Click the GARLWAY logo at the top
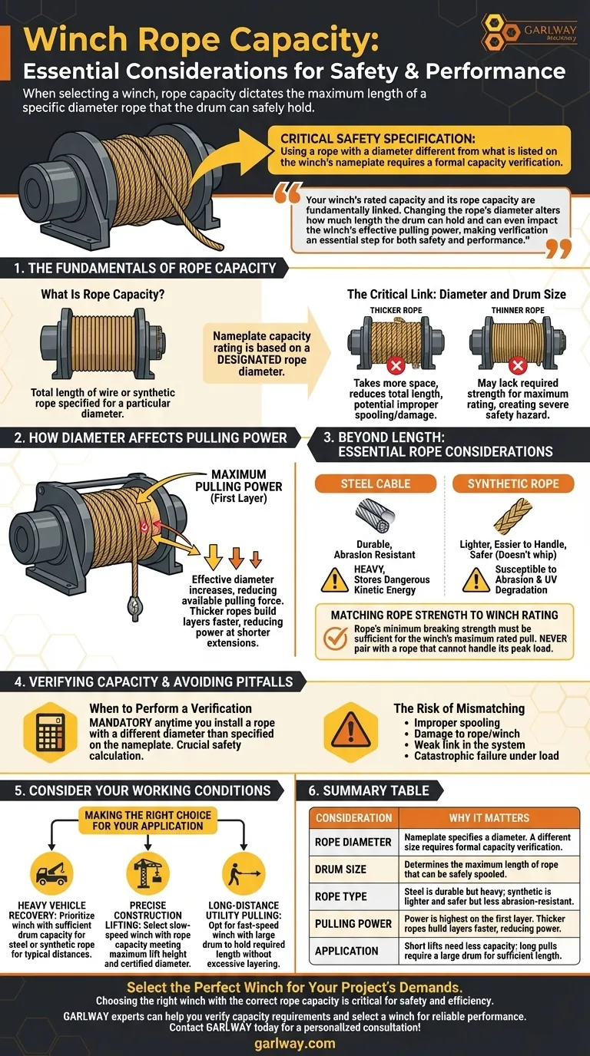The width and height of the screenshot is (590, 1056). point(529,32)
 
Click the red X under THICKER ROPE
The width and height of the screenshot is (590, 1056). point(396,365)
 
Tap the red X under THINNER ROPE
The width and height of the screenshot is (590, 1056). point(518,365)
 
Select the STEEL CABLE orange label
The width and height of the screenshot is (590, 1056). point(375,483)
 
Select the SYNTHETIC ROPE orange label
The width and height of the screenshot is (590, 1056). point(513,483)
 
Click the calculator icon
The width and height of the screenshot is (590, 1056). point(51,732)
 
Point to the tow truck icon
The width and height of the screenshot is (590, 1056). point(51,873)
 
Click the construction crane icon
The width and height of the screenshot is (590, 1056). point(147,873)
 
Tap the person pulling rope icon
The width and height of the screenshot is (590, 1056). point(244,873)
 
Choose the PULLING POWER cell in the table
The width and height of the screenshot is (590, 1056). point(353,923)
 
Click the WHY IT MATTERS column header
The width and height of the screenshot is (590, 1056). point(489,818)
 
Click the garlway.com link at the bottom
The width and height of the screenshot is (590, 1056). point(295,1043)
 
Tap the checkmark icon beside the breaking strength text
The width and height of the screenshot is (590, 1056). point(336,639)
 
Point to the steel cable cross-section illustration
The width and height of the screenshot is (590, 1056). point(375,516)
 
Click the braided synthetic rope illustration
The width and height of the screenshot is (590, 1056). point(513,516)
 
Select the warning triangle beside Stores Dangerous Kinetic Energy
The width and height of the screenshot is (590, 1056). point(335,579)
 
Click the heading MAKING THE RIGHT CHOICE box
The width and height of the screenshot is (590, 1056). point(147,820)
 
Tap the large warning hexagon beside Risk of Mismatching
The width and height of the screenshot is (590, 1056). point(350,732)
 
